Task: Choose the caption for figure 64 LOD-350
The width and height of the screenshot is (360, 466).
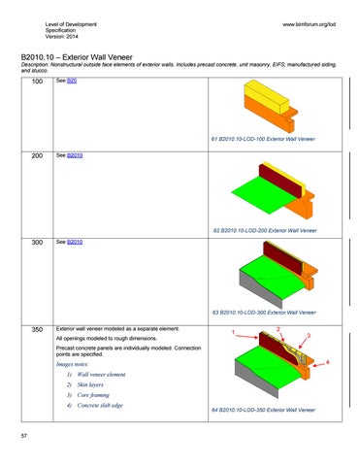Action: point(263,412)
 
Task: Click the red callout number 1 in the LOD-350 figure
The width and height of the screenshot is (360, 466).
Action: point(234,335)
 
